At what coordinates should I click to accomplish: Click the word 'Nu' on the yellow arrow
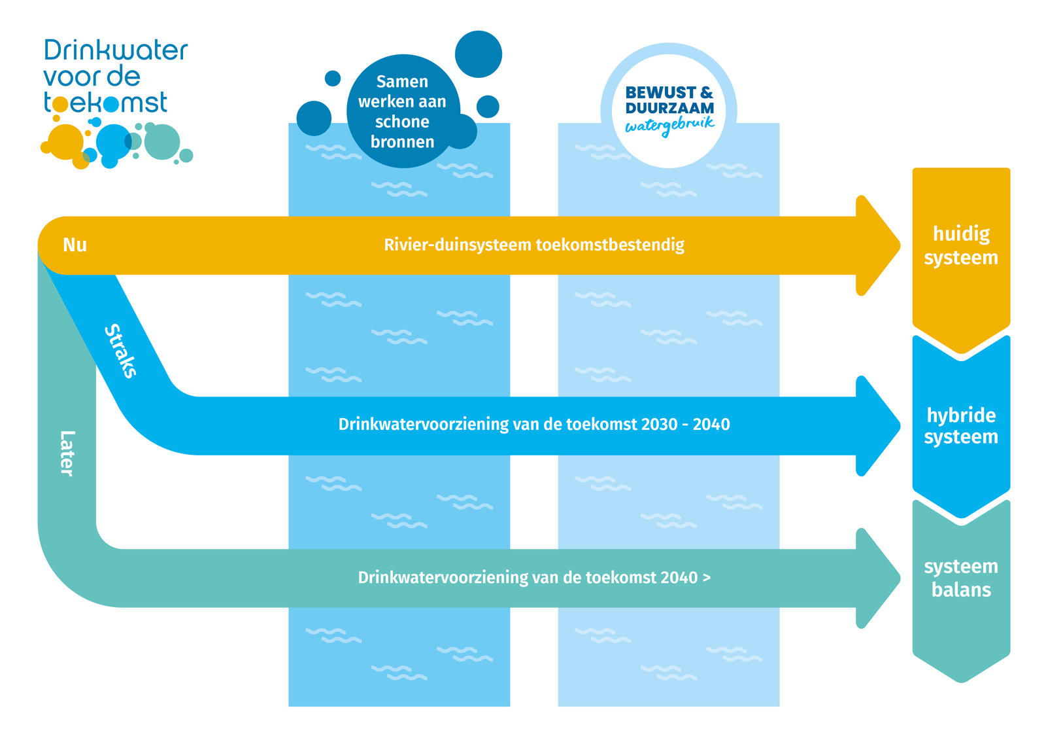75,245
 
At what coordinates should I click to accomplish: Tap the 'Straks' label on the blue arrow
121,351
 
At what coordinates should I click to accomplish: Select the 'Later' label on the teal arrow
67,453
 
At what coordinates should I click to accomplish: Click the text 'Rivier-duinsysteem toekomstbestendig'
533,245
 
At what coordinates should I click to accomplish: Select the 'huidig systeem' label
960,245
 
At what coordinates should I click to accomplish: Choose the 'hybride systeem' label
960,425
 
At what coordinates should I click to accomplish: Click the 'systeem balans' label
960,578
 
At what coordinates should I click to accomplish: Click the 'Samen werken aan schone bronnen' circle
403,111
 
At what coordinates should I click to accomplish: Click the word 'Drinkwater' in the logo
116,50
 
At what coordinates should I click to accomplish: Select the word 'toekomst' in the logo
105,103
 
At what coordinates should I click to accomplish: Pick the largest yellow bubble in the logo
66,141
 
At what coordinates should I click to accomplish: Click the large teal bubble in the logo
162,141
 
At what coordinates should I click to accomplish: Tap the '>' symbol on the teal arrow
706,577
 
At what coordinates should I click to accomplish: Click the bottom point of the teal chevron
961,680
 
